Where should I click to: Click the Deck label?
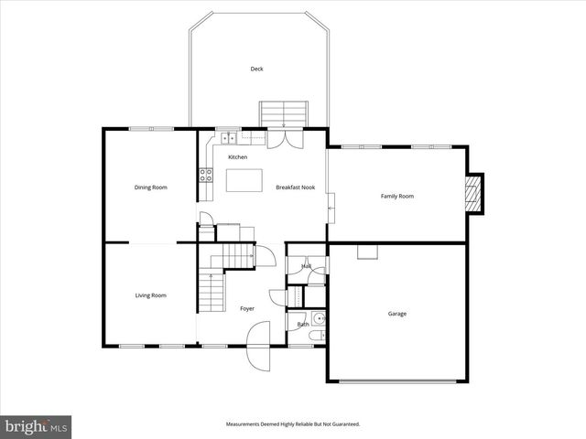[x=256, y=69]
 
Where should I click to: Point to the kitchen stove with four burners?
[x=205, y=175]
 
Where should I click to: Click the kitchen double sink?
[x=228, y=138]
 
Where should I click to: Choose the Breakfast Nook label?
[x=296, y=187]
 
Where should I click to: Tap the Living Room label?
[x=151, y=295]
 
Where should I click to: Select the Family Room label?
[x=397, y=196]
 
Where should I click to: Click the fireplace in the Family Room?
[x=472, y=194]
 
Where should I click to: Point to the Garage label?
[x=397, y=314]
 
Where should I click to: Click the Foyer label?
[x=247, y=309]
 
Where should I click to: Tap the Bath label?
[x=302, y=324]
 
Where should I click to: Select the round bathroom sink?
[x=317, y=319]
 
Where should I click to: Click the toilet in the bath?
[x=315, y=337]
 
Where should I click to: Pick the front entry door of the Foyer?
[x=257, y=357]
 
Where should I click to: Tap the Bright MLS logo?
[x=37, y=426]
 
